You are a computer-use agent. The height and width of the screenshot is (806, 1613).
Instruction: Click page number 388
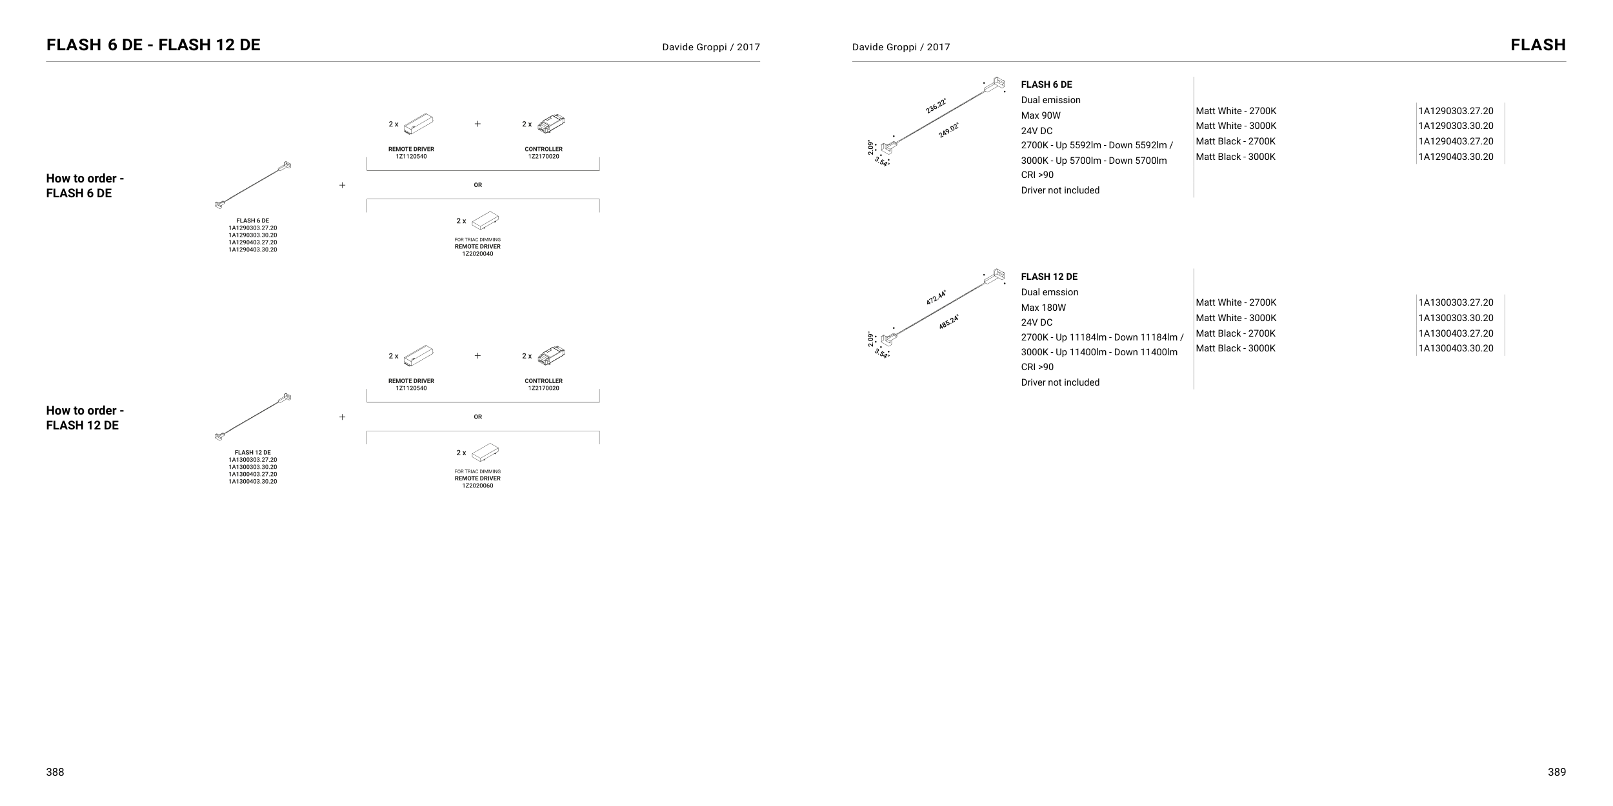pos(55,772)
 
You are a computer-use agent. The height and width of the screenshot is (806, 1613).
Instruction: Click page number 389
pos(1556,772)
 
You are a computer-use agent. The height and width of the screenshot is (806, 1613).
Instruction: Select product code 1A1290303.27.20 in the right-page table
pos(1456,111)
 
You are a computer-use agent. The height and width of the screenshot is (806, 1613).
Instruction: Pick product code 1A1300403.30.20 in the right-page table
pos(1456,348)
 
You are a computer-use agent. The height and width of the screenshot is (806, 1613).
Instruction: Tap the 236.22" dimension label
pos(936,106)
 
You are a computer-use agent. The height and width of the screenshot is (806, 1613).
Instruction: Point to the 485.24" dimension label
pos(948,322)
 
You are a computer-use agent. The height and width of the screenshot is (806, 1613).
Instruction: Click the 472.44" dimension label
pos(936,297)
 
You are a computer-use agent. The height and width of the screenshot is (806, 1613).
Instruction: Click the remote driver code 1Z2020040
pos(477,254)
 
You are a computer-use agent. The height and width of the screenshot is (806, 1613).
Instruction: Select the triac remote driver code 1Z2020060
pos(477,486)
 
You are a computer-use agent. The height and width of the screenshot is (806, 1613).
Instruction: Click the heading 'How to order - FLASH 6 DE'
pos(85,186)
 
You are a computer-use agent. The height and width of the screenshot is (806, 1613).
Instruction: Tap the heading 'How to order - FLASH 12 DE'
pos(85,418)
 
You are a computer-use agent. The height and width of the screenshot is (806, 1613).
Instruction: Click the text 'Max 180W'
pos(1043,308)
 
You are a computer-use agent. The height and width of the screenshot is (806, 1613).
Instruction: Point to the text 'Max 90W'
pos(1041,115)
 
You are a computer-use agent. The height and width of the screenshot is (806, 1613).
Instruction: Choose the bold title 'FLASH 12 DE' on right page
pos(1049,277)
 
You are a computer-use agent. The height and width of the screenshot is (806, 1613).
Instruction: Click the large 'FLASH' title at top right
pos(1538,45)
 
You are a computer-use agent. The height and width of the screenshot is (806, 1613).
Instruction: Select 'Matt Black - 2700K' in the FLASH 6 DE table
pos(1236,141)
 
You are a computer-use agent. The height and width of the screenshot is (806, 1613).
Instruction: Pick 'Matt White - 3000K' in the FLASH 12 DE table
pos(1236,318)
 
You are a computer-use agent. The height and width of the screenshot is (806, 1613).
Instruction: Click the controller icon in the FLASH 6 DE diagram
pos(551,123)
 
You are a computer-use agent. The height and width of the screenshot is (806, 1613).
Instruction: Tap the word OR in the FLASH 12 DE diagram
pos(477,417)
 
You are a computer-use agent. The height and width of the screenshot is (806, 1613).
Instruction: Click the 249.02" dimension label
pos(948,130)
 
